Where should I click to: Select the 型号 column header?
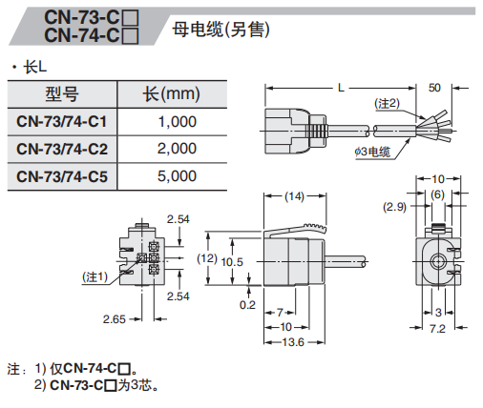pyautogui.click(x=62, y=93)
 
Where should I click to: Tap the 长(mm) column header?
pyautogui.click(x=171, y=93)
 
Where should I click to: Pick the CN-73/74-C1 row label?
pyautogui.click(x=62, y=121)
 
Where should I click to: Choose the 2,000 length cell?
pyautogui.click(x=177, y=149)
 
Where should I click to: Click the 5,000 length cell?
pyautogui.click(x=177, y=176)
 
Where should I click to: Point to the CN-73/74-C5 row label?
pyautogui.click(x=62, y=176)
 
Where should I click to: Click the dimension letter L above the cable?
pyautogui.click(x=341, y=87)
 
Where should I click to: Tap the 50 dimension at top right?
pyautogui.click(x=435, y=87)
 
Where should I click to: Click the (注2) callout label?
pyautogui.click(x=385, y=102)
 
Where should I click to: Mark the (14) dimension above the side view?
pyautogui.click(x=294, y=196)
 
